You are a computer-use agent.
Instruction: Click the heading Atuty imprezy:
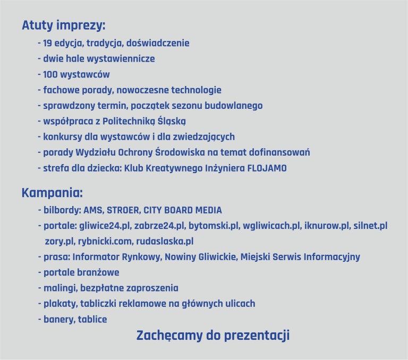(64, 25)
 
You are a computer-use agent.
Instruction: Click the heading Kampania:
(52, 193)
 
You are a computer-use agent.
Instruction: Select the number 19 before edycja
(47, 43)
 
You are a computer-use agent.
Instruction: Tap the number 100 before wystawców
(50, 74)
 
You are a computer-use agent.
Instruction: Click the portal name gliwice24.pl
(105, 226)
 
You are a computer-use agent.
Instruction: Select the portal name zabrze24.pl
(159, 226)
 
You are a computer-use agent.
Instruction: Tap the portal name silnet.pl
(370, 226)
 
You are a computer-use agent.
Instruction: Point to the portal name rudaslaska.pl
(165, 242)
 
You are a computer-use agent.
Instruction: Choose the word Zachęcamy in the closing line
(169, 336)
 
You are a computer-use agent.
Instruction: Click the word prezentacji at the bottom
(257, 336)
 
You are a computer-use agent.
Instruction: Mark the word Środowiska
(180, 152)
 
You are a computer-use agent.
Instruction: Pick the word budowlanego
(233, 106)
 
